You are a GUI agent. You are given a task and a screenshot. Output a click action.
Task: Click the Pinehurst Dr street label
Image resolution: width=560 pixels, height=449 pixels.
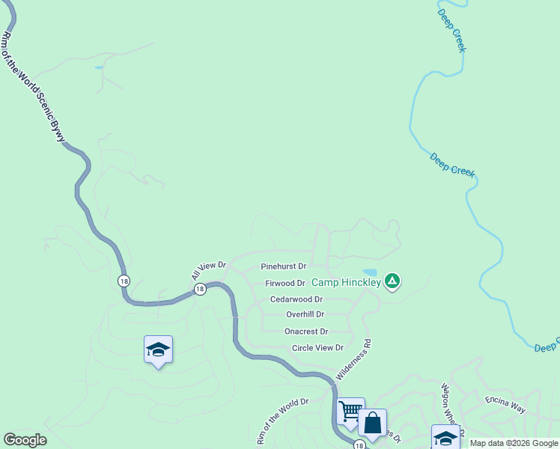pos(284,266)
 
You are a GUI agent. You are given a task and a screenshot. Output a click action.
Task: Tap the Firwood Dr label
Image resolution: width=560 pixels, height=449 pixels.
pos(285,284)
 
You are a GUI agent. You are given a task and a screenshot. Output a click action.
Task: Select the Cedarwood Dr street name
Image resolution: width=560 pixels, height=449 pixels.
pos(296,299)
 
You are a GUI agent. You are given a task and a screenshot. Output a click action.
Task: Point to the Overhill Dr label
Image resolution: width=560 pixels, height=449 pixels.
pos(305,315)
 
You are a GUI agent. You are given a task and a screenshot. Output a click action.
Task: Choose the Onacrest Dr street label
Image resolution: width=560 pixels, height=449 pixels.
pos(306,332)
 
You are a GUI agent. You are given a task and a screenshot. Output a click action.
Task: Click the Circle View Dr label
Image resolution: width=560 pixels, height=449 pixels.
pos(317,348)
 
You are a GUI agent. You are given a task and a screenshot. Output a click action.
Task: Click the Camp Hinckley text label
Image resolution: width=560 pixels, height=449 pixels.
pos(345,282)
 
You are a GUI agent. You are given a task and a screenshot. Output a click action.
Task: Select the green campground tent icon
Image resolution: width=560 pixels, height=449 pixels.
pos(392,281)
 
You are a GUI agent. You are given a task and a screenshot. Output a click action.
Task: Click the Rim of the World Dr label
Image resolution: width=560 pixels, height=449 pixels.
pos(282,421)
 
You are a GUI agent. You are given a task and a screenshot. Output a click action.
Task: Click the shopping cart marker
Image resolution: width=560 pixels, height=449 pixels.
pos(350,411)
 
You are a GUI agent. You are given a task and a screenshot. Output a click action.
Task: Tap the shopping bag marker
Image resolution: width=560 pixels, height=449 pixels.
pos(372,423)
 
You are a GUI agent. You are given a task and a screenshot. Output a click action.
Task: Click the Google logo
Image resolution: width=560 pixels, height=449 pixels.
pos(25,440)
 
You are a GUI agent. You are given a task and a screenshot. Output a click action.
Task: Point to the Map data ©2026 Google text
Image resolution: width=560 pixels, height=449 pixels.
pos(514,443)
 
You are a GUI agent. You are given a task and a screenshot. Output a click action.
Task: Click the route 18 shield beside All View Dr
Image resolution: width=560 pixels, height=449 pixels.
pos(200,289)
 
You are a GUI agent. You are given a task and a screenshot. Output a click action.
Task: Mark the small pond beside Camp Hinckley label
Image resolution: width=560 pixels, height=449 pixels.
pos(370,272)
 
